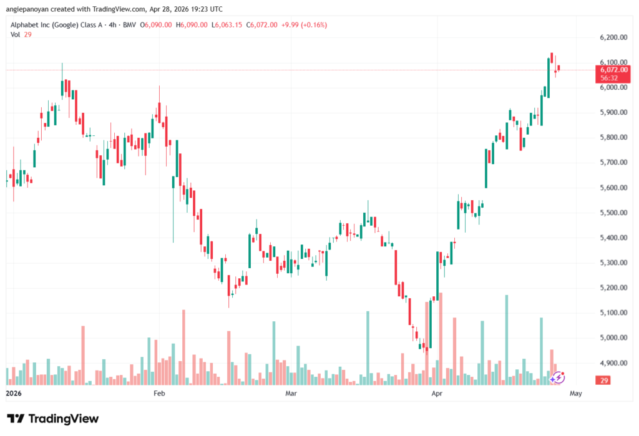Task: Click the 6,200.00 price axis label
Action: pos(613,37)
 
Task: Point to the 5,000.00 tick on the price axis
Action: pos(613,338)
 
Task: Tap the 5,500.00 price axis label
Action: pos(613,213)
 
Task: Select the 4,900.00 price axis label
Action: pos(613,363)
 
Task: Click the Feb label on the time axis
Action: pos(159,393)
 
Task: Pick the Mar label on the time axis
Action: pos(291,393)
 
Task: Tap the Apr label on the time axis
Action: pos(437,393)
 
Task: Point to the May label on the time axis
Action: pos(576,393)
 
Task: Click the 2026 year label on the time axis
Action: pos(14,393)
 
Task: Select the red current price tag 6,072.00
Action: pos(613,74)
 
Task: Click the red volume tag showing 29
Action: pos(603,380)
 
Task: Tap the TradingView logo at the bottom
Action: pos(53,419)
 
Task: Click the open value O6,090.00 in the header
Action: pos(155,25)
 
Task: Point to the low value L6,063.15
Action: pos(227,25)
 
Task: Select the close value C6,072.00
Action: pos(261,25)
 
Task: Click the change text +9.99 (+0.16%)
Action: pos(304,25)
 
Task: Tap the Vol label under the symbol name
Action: pos(15,35)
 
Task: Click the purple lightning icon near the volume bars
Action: pos(557,378)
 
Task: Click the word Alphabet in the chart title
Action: pos(24,25)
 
